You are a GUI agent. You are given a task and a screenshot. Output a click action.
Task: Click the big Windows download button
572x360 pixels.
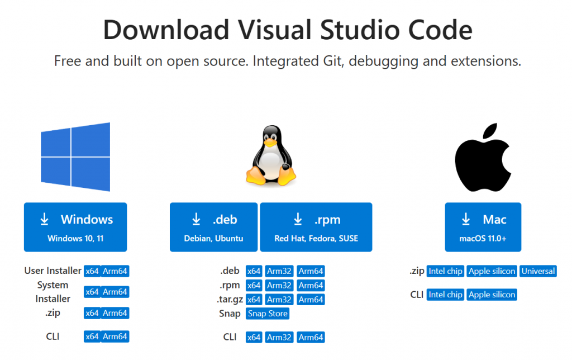coord(75,227)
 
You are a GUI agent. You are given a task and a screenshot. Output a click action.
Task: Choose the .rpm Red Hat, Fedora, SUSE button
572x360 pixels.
coord(316,227)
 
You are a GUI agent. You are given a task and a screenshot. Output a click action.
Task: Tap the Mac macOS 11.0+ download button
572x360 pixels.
coord(483,227)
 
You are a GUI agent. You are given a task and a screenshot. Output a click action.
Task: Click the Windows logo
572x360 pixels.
coord(75,157)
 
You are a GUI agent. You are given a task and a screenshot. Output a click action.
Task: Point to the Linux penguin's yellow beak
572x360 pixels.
coord(270,143)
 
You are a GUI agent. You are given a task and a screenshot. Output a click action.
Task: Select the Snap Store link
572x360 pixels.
coord(268,314)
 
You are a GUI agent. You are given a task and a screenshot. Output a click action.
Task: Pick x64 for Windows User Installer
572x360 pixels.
coord(92,271)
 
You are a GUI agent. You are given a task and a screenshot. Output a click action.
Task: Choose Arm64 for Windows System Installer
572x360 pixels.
coord(115,292)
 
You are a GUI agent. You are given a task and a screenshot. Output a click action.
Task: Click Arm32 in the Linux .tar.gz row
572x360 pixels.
coord(279,300)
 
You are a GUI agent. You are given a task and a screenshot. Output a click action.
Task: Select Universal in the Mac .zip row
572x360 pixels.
coord(538,271)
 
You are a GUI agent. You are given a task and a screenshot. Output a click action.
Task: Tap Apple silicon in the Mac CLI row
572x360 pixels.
coord(492,295)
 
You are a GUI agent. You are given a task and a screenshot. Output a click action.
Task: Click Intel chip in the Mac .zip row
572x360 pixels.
coord(445,271)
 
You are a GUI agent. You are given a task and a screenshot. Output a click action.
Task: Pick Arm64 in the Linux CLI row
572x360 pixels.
coord(311,338)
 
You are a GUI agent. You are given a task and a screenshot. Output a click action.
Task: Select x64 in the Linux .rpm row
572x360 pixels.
coord(254,286)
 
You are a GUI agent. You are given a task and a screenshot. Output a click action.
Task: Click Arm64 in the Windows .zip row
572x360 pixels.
coord(115,313)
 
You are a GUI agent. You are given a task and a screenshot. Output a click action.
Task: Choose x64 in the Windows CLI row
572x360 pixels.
coord(92,337)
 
